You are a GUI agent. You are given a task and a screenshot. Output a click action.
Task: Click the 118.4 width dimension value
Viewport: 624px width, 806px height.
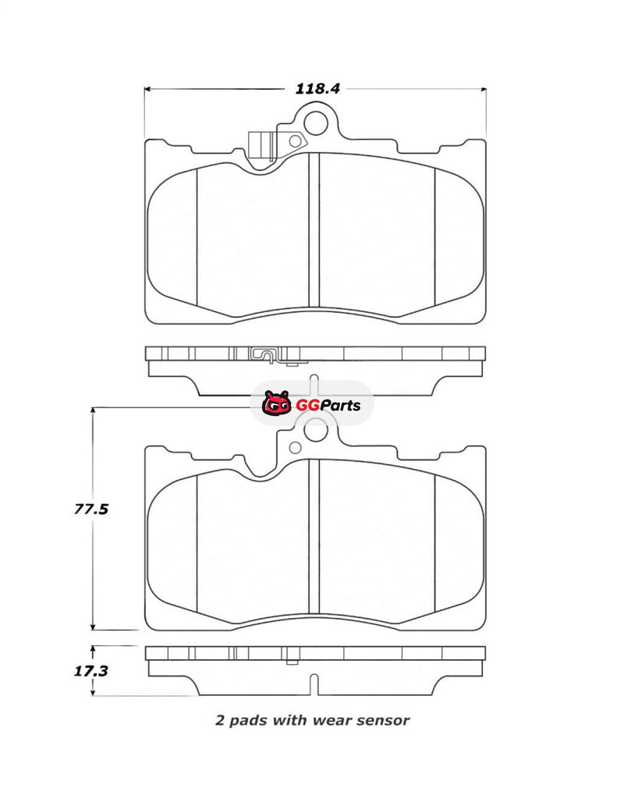click(x=317, y=88)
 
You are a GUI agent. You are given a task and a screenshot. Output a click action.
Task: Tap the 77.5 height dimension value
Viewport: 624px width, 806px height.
click(x=91, y=510)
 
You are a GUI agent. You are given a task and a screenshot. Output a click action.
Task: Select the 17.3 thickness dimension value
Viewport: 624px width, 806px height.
click(x=91, y=671)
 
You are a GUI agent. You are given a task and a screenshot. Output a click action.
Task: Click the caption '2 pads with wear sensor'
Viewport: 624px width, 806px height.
click(x=312, y=720)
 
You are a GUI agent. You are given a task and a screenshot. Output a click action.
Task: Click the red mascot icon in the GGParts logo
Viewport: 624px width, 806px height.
click(x=277, y=403)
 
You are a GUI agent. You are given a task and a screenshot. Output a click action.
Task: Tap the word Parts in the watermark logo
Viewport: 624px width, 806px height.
click(x=335, y=406)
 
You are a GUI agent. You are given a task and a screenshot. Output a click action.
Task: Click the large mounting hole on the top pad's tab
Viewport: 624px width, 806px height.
click(x=315, y=122)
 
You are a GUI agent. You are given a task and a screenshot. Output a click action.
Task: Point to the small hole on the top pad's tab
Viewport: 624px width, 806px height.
click(x=295, y=141)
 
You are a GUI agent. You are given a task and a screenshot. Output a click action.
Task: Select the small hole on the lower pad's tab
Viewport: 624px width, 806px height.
click(x=295, y=447)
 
